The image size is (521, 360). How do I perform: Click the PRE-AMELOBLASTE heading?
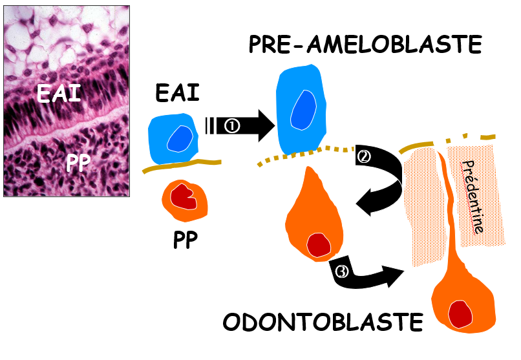[x=365, y=45]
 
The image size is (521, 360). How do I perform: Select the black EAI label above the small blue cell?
[x=177, y=94]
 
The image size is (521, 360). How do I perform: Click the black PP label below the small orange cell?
[x=185, y=240]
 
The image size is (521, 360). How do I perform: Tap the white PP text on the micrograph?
[x=78, y=164]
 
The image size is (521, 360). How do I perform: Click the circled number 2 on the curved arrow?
[x=365, y=156]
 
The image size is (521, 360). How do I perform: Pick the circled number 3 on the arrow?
[x=342, y=272]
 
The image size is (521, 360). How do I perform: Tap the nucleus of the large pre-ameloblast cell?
[x=303, y=108]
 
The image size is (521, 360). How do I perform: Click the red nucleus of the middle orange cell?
[x=319, y=244]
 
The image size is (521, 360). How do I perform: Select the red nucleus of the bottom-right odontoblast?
[x=460, y=313]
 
